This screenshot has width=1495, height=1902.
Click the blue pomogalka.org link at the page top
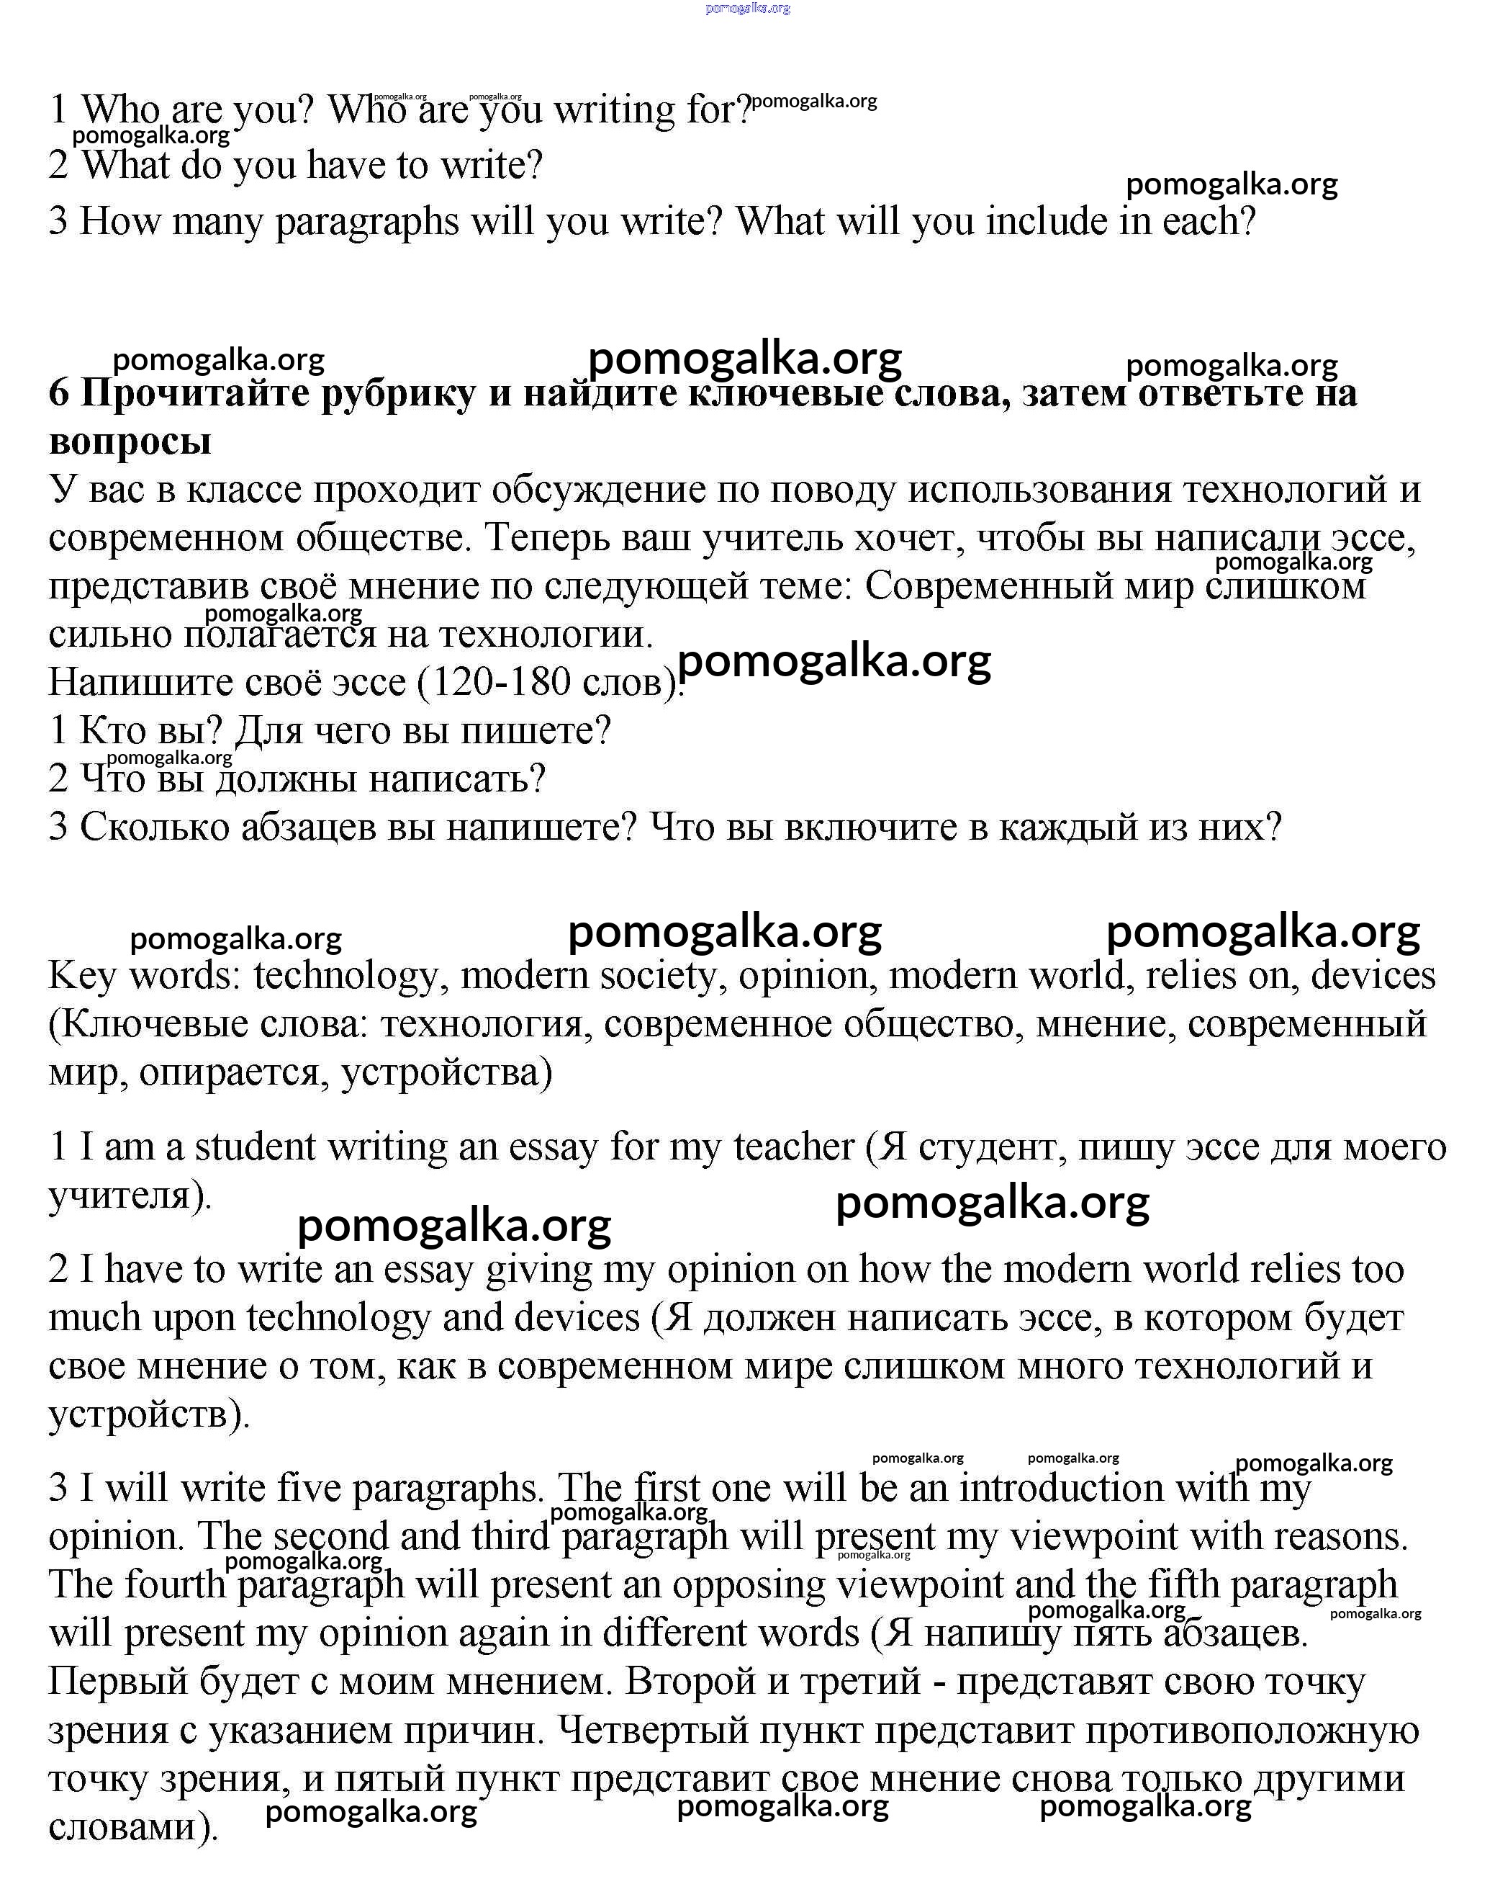746,9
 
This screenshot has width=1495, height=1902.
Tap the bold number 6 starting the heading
58,394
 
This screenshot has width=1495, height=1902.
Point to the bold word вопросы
130,441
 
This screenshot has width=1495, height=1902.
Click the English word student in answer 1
255,1147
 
